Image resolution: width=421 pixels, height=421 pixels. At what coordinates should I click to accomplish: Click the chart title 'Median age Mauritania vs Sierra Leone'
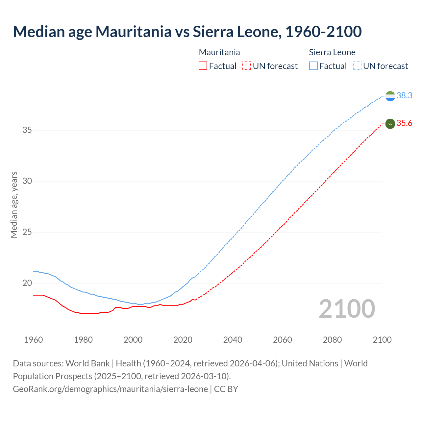pyautogui.click(x=187, y=32)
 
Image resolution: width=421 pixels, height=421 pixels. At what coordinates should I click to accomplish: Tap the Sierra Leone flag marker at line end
pyautogui.click(x=390, y=96)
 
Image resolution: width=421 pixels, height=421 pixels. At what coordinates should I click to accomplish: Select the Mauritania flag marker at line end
pyautogui.click(x=390, y=124)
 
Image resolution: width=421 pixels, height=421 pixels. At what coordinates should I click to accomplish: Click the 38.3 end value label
pyautogui.click(x=404, y=95)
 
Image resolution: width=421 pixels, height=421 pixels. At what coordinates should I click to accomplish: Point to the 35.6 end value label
pyautogui.click(x=404, y=123)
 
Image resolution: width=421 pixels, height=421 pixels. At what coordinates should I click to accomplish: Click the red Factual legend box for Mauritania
pyautogui.click(x=203, y=66)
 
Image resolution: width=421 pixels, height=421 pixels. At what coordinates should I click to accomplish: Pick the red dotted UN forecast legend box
pyautogui.click(x=247, y=66)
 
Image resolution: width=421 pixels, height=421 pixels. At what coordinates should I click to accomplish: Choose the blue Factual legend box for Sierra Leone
pyautogui.click(x=313, y=66)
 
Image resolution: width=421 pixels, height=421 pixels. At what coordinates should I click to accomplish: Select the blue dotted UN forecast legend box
pyautogui.click(x=357, y=66)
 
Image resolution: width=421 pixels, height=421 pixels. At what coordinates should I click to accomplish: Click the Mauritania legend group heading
pyautogui.click(x=219, y=52)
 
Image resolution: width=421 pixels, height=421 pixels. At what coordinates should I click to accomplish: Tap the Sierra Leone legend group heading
pyautogui.click(x=332, y=52)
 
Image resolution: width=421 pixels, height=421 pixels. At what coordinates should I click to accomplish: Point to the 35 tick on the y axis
pyautogui.click(x=27, y=130)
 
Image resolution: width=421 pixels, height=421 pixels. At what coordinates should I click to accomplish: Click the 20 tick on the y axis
pyautogui.click(x=27, y=283)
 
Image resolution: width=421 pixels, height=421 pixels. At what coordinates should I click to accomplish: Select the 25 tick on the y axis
pyautogui.click(x=27, y=232)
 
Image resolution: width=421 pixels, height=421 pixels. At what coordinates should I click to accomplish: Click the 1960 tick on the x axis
pyautogui.click(x=34, y=340)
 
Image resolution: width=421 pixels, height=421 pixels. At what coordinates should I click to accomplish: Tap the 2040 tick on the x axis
pyautogui.click(x=233, y=340)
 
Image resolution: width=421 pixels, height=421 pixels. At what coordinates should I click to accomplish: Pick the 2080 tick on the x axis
pyautogui.click(x=332, y=340)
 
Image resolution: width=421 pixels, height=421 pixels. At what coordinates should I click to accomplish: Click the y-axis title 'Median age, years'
pyautogui.click(x=14, y=205)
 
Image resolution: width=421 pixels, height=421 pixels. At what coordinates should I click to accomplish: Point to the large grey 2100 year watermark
pyautogui.click(x=347, y=309)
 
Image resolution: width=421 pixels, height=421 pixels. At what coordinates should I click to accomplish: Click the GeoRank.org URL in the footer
pyautogui.click(x=110, y=389)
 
